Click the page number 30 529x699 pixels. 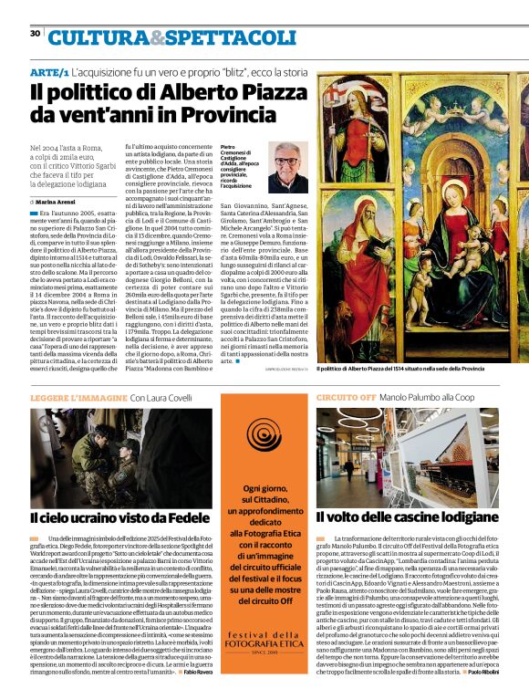pos(36,33)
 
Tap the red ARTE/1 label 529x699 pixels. pos(49,71)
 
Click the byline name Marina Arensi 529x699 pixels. pos(58,201)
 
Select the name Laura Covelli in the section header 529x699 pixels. pos(168,399)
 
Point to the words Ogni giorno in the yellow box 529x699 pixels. pos(265,490)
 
